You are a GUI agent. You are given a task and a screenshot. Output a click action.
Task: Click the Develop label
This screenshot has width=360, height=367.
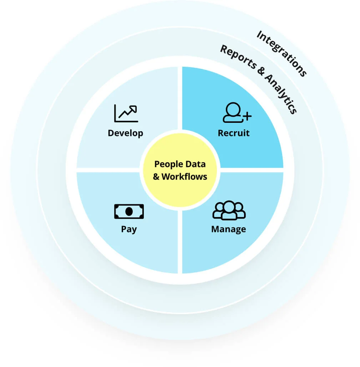125,133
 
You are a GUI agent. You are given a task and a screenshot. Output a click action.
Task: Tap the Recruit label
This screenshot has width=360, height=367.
234,133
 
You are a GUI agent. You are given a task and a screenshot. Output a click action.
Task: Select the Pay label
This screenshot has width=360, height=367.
129,229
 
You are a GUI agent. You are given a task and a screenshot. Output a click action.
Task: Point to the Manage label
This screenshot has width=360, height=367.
228,229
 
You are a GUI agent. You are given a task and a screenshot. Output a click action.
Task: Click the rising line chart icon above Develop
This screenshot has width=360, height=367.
126,113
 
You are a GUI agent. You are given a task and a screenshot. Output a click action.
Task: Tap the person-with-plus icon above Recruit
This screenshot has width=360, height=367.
237,113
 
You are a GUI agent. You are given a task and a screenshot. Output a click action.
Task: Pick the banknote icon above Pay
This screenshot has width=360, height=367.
129,211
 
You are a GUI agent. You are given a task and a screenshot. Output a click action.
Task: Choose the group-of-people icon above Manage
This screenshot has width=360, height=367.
229,211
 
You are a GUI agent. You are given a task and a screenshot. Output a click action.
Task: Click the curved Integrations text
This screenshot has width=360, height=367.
282,54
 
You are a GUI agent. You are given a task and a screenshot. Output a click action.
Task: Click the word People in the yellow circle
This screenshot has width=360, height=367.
168,164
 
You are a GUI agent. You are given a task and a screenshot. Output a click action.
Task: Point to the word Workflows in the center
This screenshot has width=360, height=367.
184,176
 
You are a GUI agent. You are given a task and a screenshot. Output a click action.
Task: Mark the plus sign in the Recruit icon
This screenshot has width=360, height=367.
247,116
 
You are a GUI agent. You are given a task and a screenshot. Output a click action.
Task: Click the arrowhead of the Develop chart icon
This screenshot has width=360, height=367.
134,109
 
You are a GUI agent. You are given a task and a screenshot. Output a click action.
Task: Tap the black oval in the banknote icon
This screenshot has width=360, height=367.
129,211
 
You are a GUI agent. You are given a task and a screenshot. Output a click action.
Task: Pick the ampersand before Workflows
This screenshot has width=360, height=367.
157,176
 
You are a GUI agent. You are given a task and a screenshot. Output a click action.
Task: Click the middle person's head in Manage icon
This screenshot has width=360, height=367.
229,207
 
